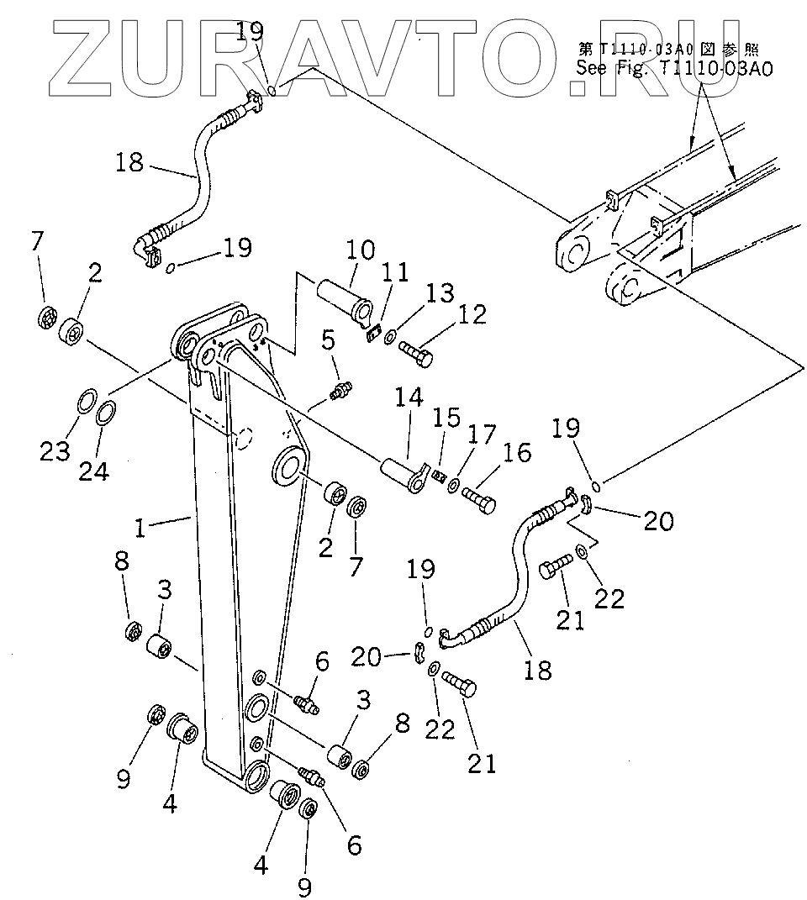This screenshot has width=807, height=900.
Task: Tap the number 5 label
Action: (x=328, y=339)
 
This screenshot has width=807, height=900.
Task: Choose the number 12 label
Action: (x=472, y=314)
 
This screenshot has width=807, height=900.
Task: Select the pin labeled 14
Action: (x=403, y=473)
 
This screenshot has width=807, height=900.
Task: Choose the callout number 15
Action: (x=446, y=418)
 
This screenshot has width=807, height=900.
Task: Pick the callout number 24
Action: (x=94, y=471)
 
